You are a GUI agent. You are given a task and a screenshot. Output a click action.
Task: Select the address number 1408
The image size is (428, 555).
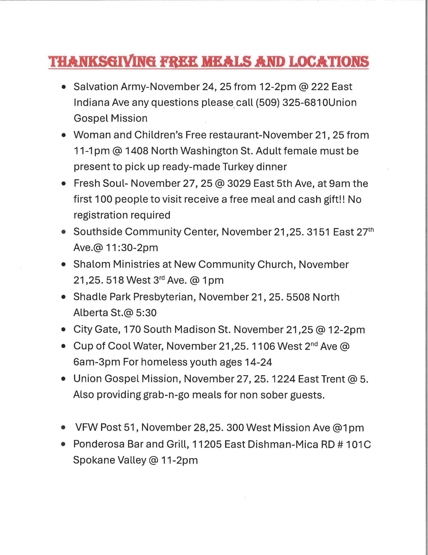pos(137,151)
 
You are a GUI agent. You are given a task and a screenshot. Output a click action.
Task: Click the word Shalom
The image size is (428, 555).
pos(92,264)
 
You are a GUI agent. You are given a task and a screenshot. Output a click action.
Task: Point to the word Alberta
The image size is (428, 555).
pos(91,313)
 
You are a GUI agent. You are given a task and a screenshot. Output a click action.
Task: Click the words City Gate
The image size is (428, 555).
pos(97,330)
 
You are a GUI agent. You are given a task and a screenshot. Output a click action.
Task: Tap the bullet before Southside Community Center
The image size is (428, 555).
pos(63,232)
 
